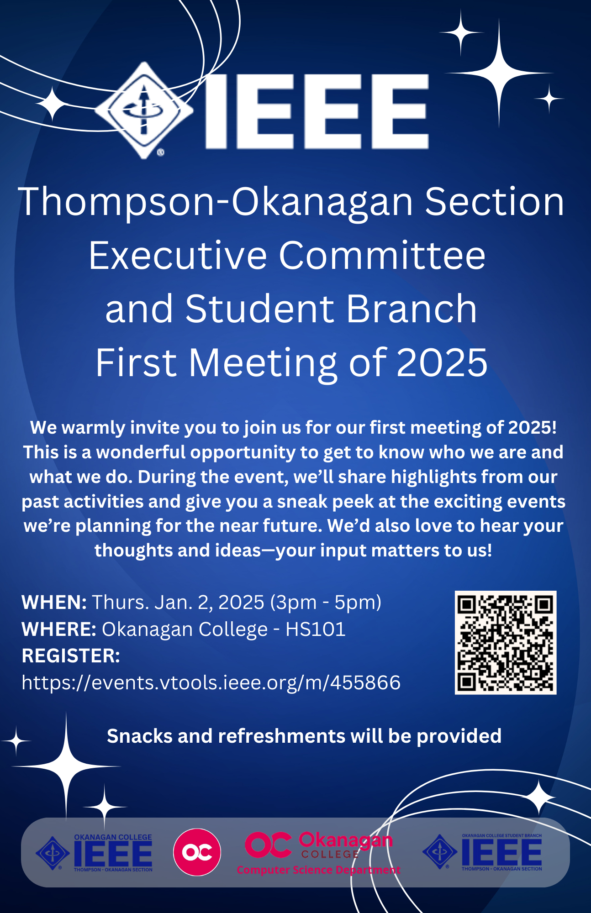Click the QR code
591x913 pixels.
(506, 643)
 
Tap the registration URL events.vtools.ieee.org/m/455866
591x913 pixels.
(211, 683)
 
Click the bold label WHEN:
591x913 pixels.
(54, 603)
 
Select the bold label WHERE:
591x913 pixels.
(59, 630)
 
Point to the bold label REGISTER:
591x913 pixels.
(71, 656)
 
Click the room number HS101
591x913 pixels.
(316, 630)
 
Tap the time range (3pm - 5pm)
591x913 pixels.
(326, 603)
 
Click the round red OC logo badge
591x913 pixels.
(197, 852)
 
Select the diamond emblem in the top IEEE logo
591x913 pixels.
(144, 110)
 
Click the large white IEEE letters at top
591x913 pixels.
(317, 111)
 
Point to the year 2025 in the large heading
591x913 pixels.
(442, 362)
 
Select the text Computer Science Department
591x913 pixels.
(318, 870)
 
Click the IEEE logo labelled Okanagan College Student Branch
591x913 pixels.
(482, 852)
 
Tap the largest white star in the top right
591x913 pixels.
(499, 73)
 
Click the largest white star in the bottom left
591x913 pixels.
(66, 766)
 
